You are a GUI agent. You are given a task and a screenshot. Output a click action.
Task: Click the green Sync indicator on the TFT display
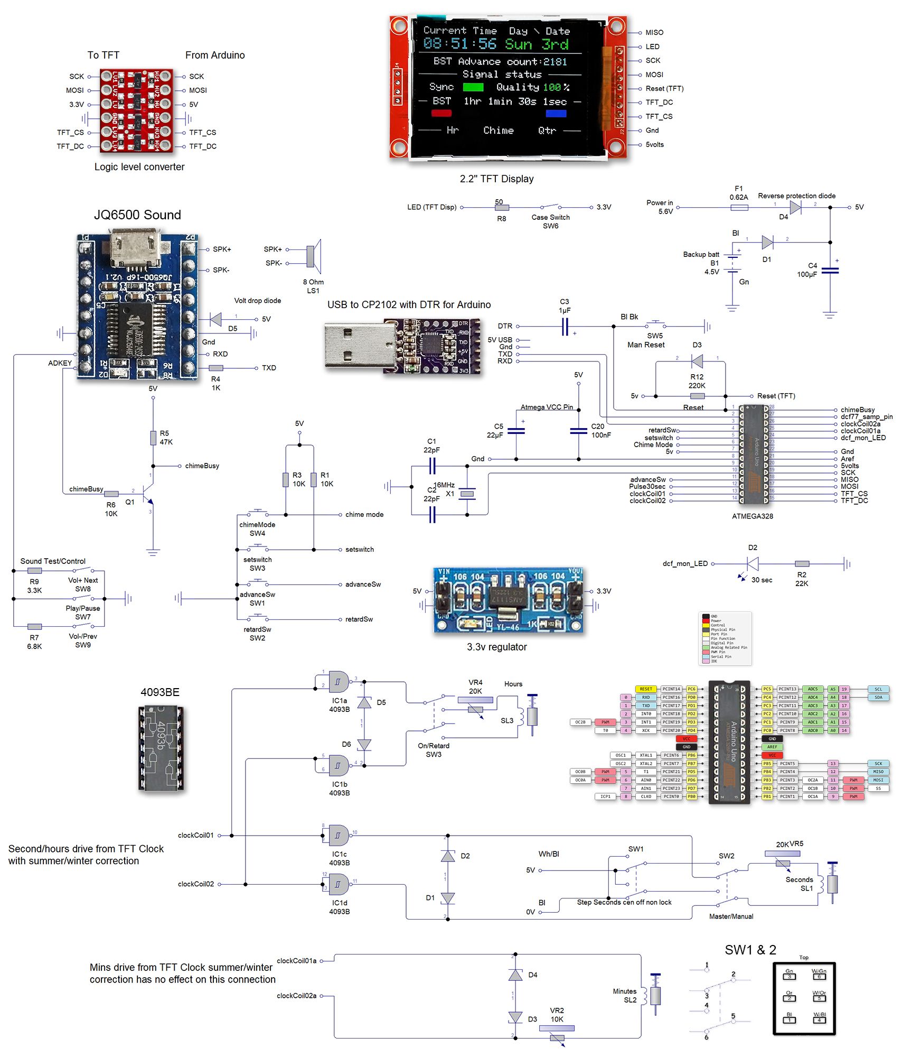point(473,87)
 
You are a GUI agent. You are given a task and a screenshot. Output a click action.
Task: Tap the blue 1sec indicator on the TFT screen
point(556,113)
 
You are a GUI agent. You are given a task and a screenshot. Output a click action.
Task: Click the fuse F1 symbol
point(739,208)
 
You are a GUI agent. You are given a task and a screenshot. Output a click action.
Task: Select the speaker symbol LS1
point(313,256)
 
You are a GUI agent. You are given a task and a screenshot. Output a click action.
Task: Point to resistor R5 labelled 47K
point(153,438)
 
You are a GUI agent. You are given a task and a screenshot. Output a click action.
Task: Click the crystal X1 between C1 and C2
point(467,494)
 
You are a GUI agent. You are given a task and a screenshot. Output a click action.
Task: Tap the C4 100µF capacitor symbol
point(830,271)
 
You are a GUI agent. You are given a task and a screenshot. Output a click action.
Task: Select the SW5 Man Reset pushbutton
point(655,324)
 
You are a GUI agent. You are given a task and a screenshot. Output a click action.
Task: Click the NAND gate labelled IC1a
point(339,682)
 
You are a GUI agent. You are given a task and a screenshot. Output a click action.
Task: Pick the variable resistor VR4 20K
point(475,700)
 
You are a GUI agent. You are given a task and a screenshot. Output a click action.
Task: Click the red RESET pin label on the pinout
point(645,689)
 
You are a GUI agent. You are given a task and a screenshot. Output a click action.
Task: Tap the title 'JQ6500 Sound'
point(137,215)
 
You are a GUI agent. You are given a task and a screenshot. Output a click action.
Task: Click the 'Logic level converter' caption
point(139,167)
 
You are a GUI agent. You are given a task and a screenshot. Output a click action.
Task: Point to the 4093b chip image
point(161,748)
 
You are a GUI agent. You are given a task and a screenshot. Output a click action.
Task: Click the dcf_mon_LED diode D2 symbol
point(753,564)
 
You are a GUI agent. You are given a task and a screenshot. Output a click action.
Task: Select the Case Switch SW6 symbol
point(550,207)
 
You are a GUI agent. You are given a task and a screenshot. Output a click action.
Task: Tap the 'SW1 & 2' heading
point(750,950)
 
